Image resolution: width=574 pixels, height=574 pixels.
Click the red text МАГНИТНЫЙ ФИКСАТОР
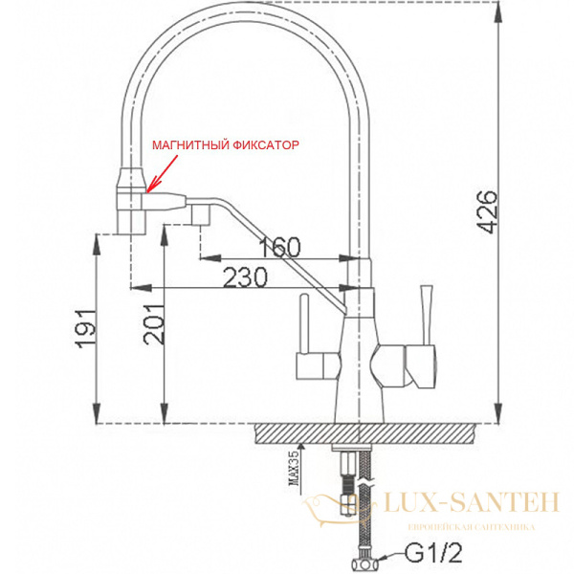[x=226, y=145]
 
